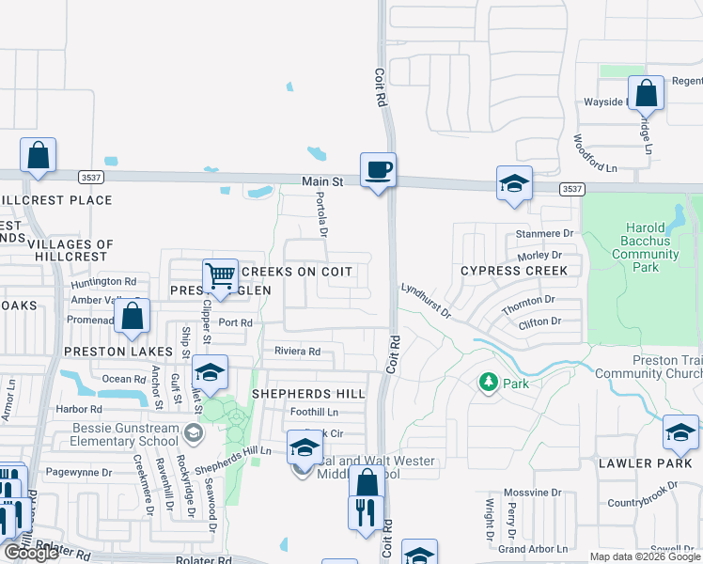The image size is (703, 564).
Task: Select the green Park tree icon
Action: pyautogui.click(x=488, y=383)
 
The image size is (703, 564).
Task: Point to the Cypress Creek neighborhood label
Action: pyautogui.click(x=514, y=271)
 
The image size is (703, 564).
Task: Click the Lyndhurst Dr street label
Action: pyautogui.click(x=426, y=302)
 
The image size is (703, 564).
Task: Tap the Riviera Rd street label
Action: pyautogui.click(x=297, y=352)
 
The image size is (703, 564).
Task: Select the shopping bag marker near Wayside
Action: pyautogui.click(x=646, y=94)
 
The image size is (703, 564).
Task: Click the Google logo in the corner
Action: pyautogui.click(x=30, y=553)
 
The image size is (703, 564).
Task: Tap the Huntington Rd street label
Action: pyautogui.click(x=103, y=281)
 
